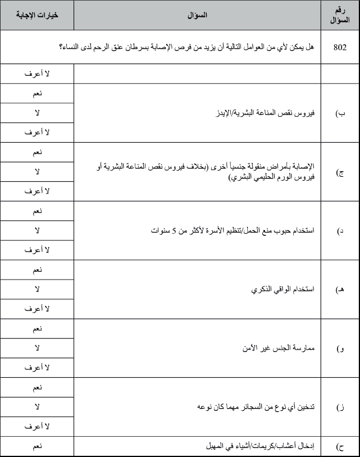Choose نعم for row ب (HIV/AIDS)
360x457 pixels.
tap(37, 93)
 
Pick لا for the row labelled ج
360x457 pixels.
tap(37, 171)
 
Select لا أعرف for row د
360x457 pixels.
tap(37, 250)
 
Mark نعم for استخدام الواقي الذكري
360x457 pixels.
tap(37, 270)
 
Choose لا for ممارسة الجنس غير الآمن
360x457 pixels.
tap(37, 348)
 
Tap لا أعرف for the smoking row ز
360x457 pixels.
tap(37, 426)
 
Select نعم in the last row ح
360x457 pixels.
tap(37, 447)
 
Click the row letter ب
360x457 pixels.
tap(340, 113)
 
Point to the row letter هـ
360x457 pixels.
tap(340, 290)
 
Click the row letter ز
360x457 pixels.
tap(340, 407)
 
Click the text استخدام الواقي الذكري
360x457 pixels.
tap(282, 290)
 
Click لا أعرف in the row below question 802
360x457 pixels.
tap(37, 74)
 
